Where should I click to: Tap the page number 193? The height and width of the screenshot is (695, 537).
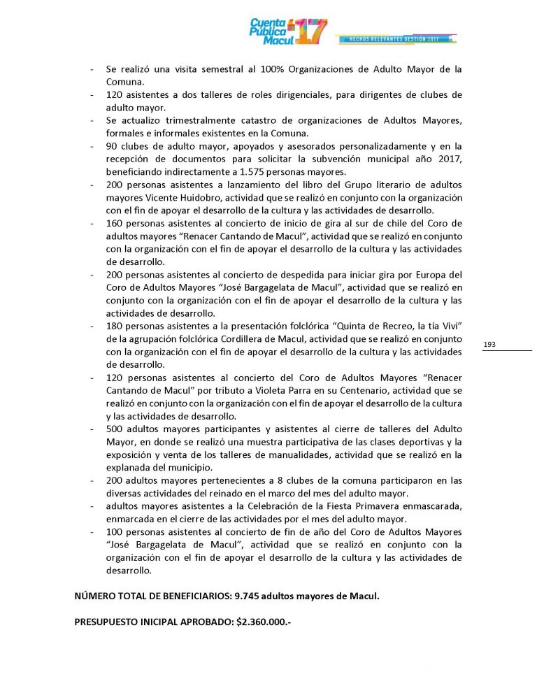(489, 344)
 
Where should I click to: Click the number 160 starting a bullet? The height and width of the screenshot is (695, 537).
(115, 223)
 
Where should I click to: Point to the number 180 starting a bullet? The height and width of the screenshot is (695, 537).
(115, 326)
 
